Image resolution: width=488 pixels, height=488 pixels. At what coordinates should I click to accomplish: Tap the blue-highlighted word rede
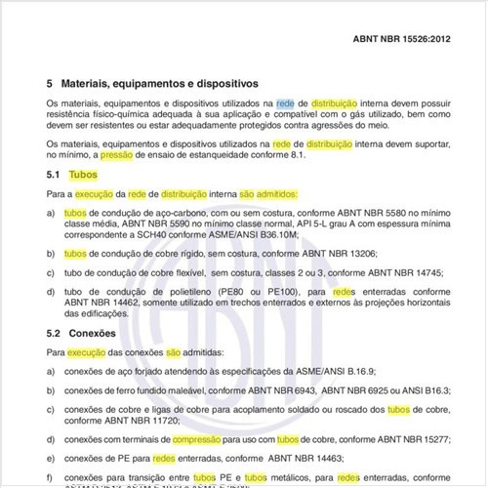pyautogui.click(x=285, y=102)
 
